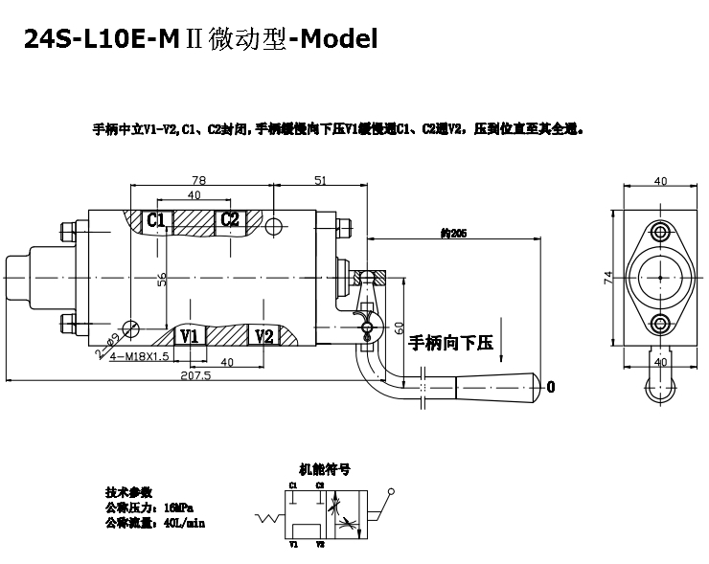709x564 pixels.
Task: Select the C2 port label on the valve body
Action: click(230, 220)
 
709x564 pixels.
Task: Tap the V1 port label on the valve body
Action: click(189, 336)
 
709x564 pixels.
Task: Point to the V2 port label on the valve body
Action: click(264, 336)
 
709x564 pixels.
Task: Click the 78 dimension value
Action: click(199, 180)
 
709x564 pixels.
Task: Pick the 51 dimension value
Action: click(320, 180)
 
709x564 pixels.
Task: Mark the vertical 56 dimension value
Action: click(162, 278)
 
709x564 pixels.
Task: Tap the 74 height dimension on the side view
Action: click(607, 278)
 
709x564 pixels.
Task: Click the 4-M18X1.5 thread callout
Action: click(139, 356)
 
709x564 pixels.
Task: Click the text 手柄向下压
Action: click(449, 342)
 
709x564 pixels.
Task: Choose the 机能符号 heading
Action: click(325, 470)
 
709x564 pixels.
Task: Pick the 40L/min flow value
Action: click(183, 523)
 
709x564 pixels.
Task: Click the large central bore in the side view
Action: click(660, 277)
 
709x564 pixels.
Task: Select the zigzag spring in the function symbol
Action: click(266, 520)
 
